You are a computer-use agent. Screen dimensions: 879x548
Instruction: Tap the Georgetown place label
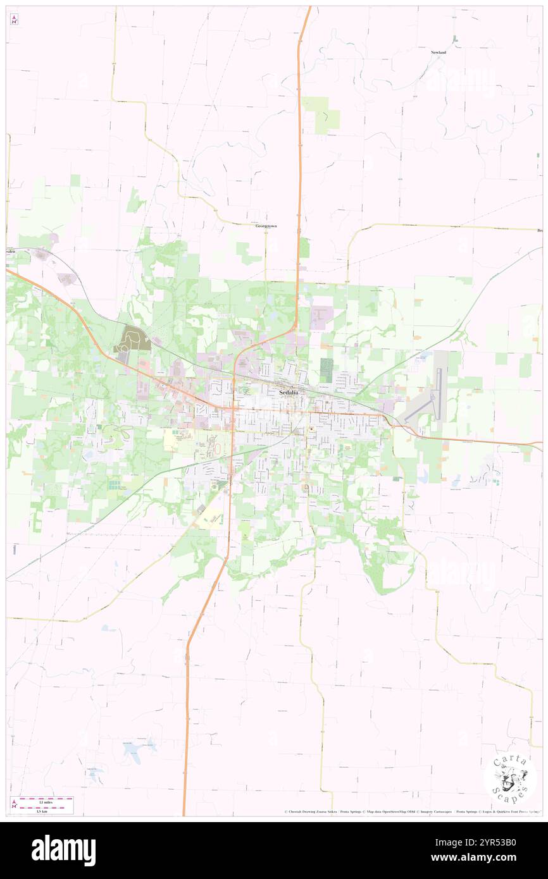pyautogui.click(x=266, y=226)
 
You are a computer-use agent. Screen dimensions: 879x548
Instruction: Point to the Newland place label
pyautogui.click(x=439, y=52)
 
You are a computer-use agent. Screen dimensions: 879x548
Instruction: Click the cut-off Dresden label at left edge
pyautogui.click(x=9, y=250)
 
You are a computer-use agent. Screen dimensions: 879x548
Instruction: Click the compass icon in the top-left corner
pyautogui.click(x=14, y=20)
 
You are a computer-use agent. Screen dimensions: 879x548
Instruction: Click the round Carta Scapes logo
pyautogui.click(x=510, y=776)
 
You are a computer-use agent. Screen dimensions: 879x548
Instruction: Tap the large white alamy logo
pyautogui.click(x=63, y=850)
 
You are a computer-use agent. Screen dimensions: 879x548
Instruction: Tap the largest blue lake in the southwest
pyautogui.click(x=134, y=751)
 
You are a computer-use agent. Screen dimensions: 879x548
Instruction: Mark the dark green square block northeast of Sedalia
pyautogui.click(x=327, y=370)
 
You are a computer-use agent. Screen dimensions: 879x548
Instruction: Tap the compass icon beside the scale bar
pyautogui.click(x=14, y=804)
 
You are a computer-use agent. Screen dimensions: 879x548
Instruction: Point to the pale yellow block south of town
pyautogui.click(x=210, y=518)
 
